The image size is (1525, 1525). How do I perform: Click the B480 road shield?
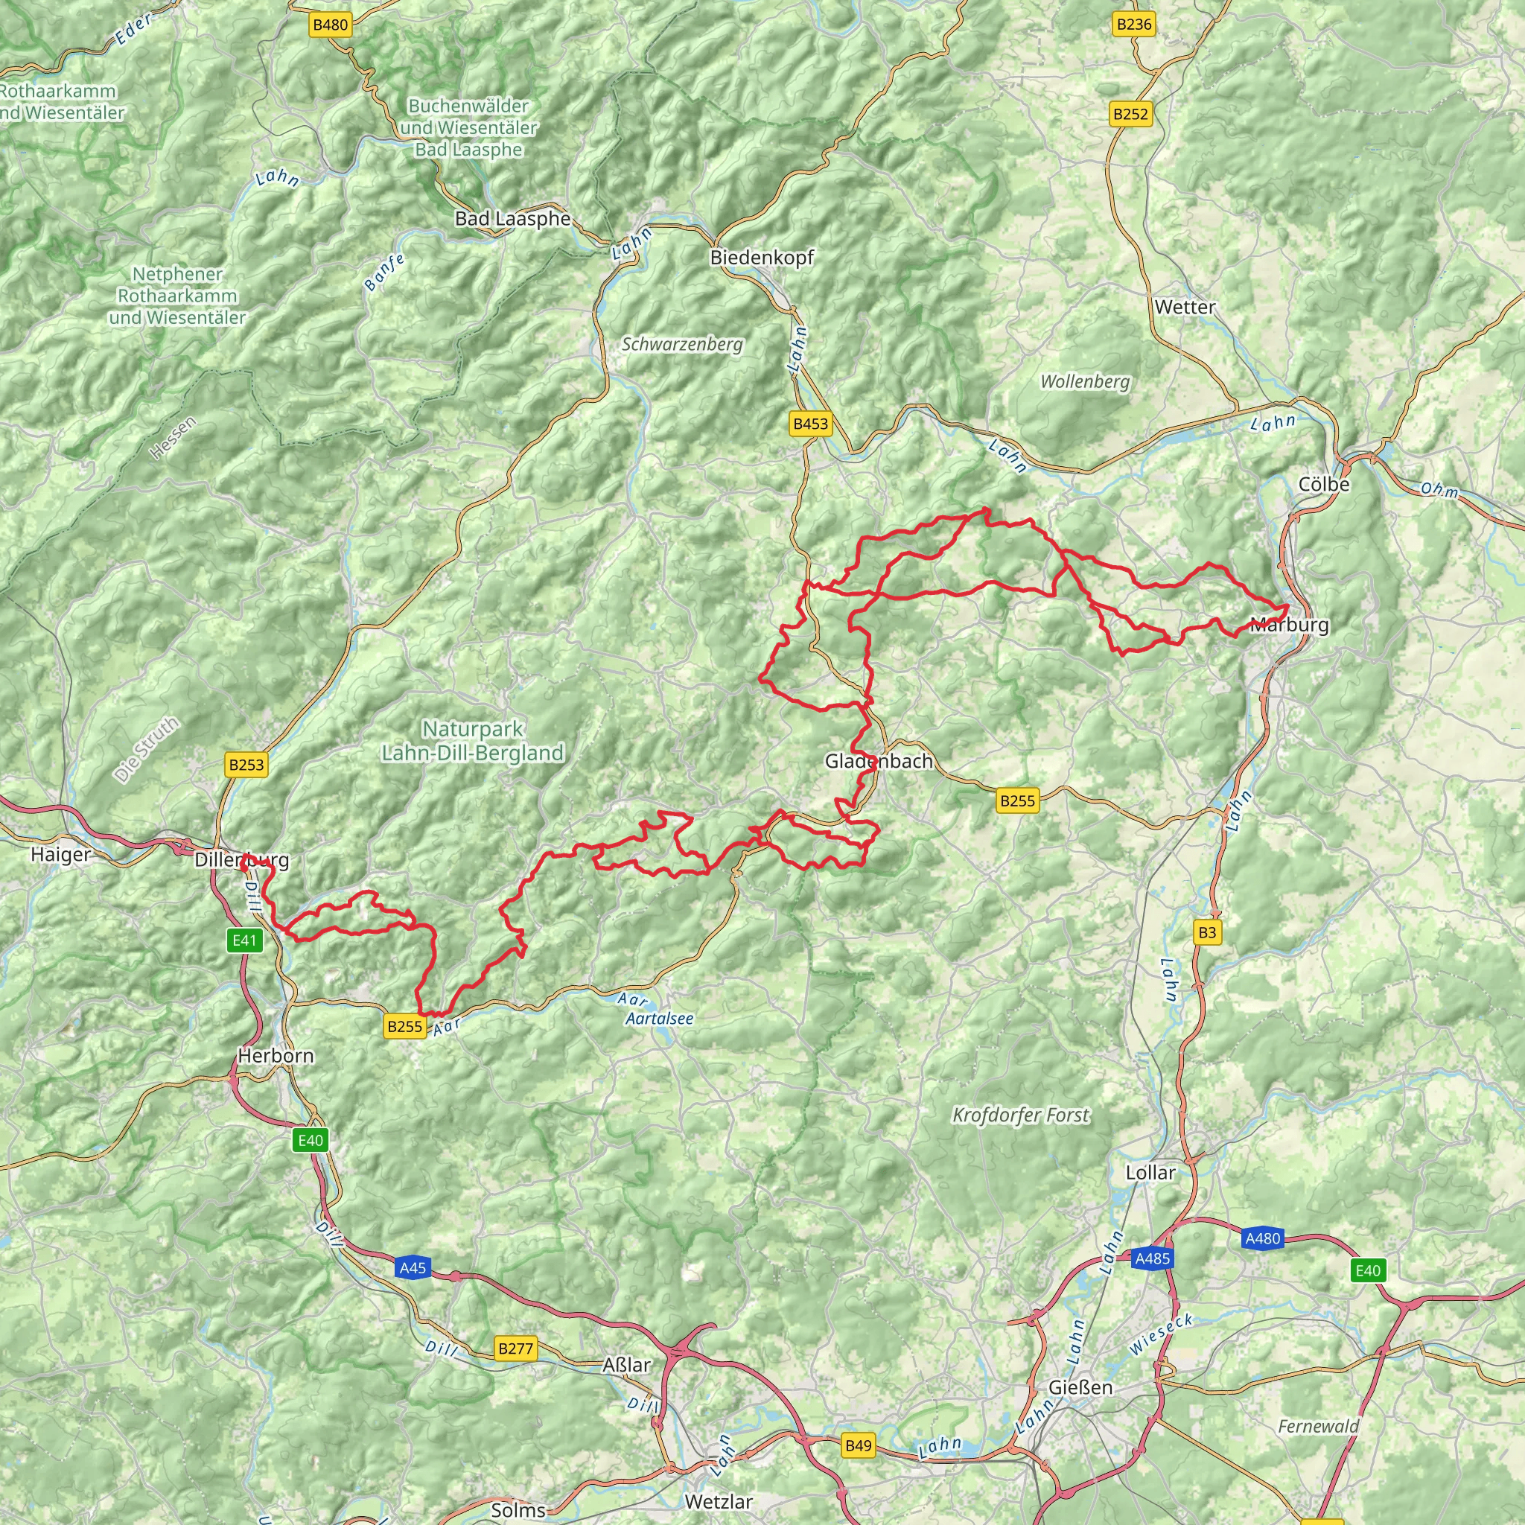click(330, 25)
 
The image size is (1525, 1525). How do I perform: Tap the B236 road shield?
click(1133, 25)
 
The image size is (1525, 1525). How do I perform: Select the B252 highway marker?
click(1130, 114)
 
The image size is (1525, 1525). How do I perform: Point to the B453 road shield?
click(811, 424)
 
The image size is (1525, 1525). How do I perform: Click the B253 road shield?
click(246, 764)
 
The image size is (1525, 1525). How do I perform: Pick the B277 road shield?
click(515, 1349)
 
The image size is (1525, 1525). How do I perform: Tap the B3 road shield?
click(1207, 932)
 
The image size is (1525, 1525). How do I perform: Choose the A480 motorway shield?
click(1262, 1238)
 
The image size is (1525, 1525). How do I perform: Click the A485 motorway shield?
click(1152, 1258)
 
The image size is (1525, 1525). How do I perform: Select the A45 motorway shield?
click(412, 1268)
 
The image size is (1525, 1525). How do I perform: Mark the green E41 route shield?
click(245, 940)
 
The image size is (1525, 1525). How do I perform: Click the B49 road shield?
click(858, 1445)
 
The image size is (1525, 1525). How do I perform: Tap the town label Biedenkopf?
click(761, 258)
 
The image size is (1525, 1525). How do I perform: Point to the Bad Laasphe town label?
click(512, 219)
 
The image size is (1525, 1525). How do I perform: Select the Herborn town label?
click(276, 1055)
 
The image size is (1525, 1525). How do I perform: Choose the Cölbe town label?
click(1324, 484)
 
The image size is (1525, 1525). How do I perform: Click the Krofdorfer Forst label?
click(1021, 1115)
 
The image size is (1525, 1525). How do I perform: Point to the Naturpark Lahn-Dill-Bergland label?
click(472, 740)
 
